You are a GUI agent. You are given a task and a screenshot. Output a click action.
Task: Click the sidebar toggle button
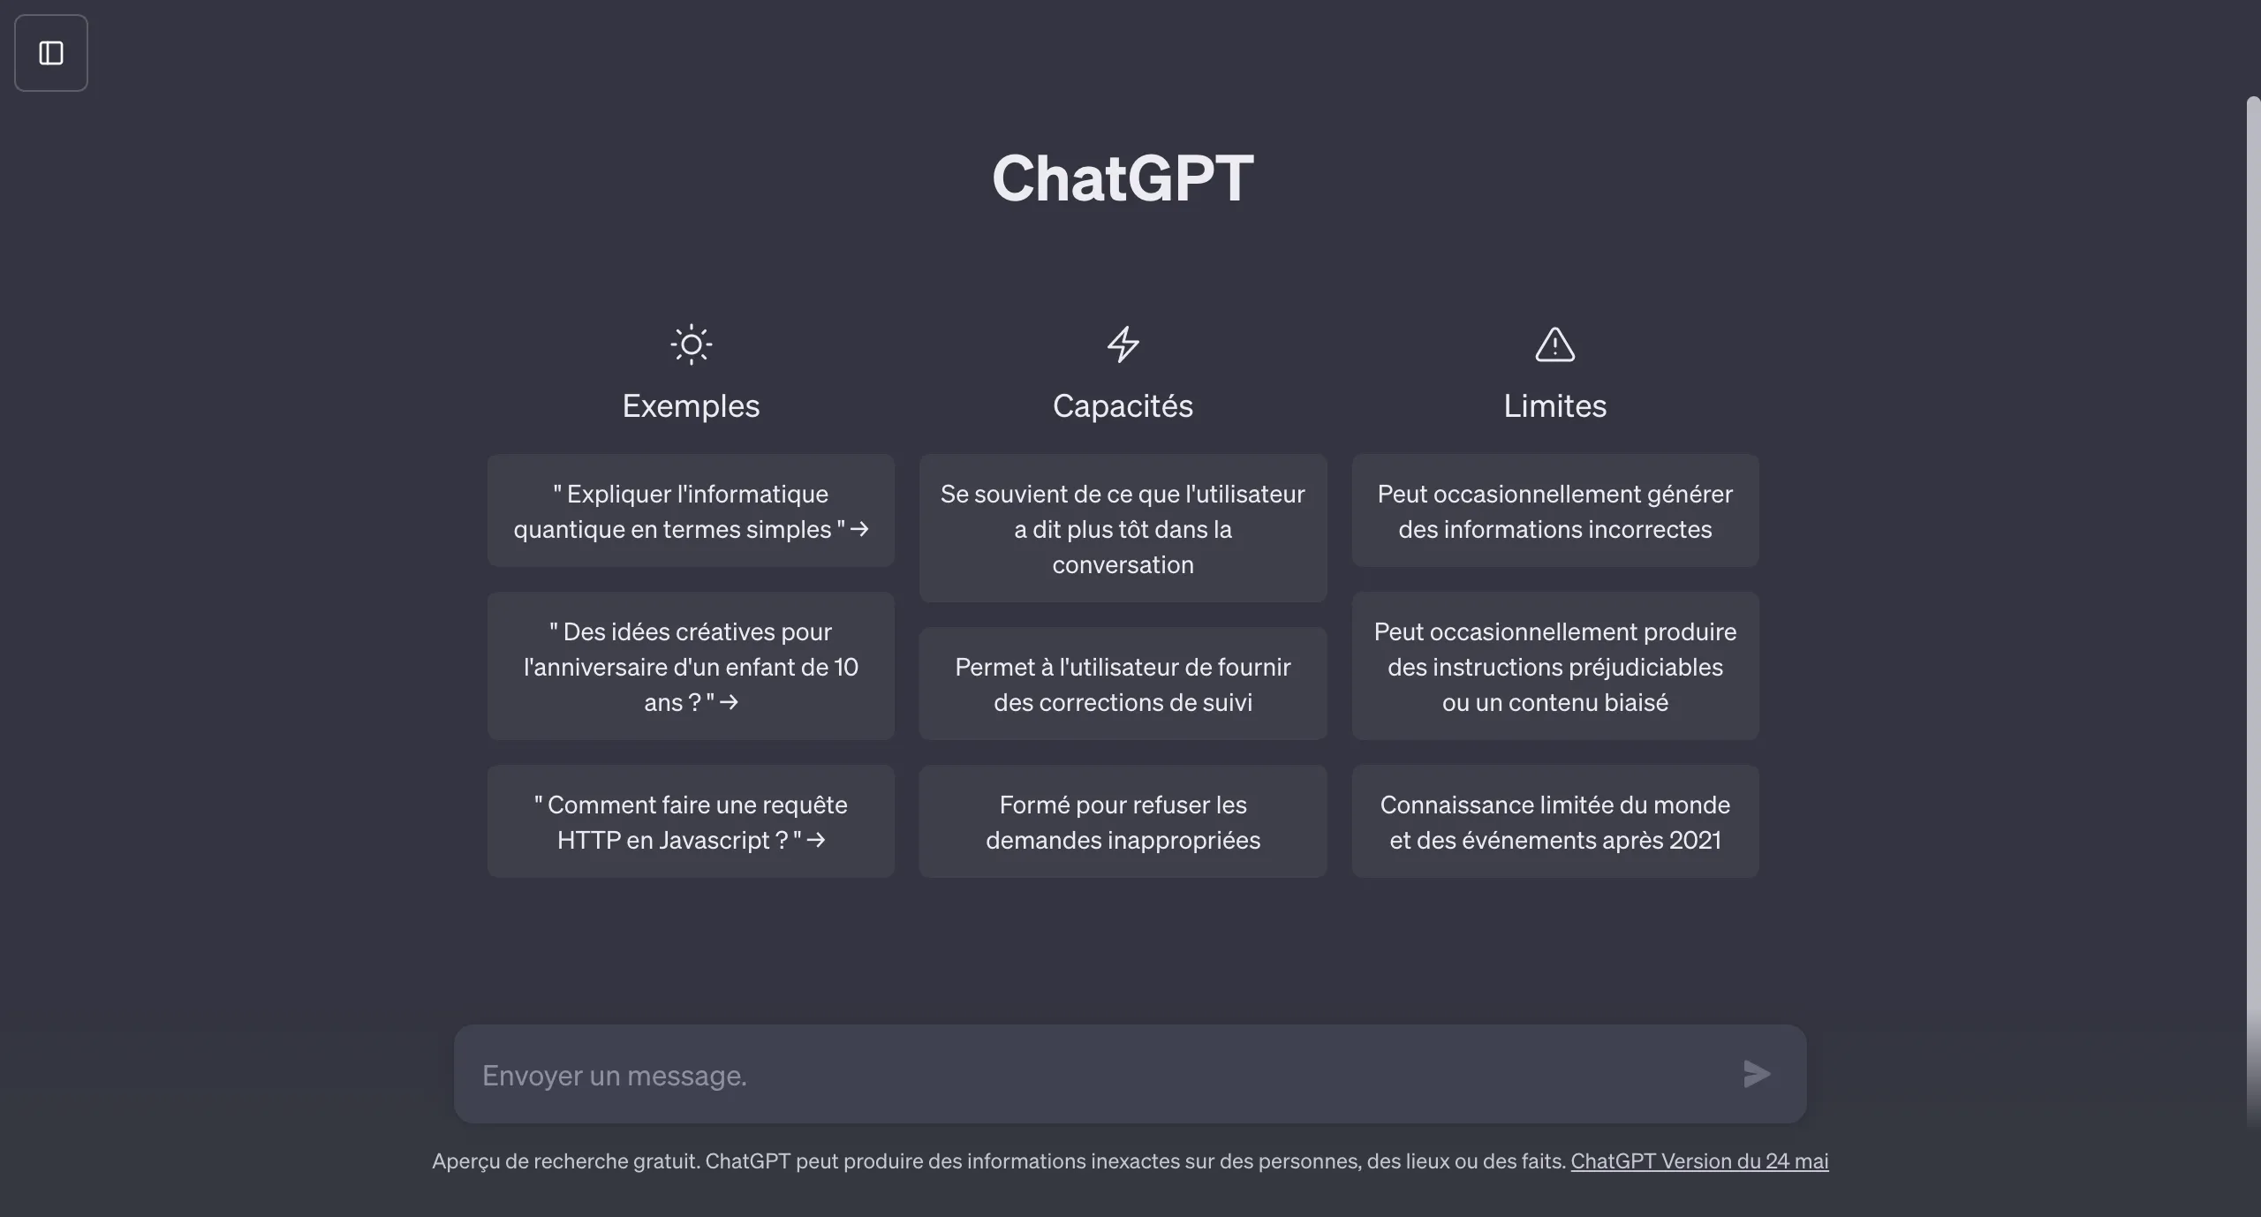tap(51, 53)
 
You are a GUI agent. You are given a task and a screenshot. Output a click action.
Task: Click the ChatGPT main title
tap(1123, 178)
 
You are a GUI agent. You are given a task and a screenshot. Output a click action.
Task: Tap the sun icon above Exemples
tap(691, 344)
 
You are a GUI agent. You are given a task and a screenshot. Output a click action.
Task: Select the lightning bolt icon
tap(1123, 344)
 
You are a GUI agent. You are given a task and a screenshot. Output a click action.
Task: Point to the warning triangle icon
tap(1554, 344)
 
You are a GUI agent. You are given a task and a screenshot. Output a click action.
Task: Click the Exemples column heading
tap(691, 406)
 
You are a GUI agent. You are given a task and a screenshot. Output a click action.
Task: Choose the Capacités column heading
tap(1123, 406)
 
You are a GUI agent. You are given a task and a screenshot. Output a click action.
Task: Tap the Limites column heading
tap(1554, 406)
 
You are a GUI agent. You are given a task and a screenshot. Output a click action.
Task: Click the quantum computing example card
tap(691, 510)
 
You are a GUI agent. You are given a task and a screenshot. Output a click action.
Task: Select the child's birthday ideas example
tap(691, 666)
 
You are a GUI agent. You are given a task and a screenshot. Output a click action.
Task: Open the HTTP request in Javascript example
tap(691, 821)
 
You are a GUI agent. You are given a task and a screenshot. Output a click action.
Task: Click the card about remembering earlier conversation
tap(1123, 528)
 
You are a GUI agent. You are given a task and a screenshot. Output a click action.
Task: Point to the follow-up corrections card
tap(1123, 684)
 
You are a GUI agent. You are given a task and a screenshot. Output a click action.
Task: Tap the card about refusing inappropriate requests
tap(1123, 821)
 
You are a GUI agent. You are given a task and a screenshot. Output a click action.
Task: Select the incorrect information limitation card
tap(1554, 510)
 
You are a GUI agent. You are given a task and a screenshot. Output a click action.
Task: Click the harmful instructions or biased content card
tap(1554, 666)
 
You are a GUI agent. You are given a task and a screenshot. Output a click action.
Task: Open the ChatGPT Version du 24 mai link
tap(1699, 1161)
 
